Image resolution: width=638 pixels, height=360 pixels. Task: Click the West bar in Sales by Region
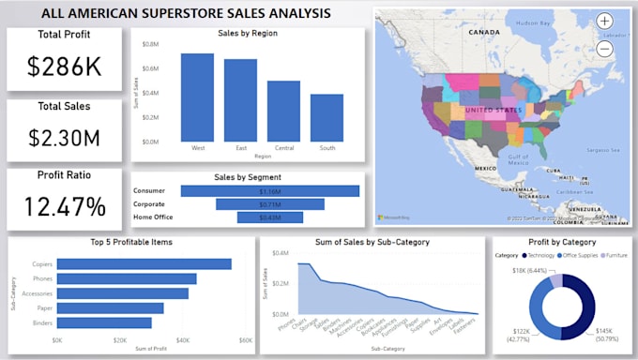pyautogui.click(x=197, y=97)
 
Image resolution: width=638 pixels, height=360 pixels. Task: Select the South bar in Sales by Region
pyautogui.click(x=327, y=118)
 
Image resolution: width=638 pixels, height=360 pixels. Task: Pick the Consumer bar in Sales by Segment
pyautogui.click(x=270, y=191)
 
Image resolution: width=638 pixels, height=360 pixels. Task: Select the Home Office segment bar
pyautogui.click(x=270, y=217)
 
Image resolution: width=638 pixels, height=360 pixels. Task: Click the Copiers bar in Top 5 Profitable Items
pyautogui.click(x=144, y=264)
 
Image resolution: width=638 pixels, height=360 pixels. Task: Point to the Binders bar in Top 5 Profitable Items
pyautogui.click(x=104, y=322)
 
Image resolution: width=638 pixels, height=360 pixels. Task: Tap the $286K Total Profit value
pyautogui.click(x=64, y=67)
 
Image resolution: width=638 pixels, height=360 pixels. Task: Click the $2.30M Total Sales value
pyautogui.click(x=64, y=139)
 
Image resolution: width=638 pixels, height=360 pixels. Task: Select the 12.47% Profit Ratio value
pyautogui.click(x=64, y=205)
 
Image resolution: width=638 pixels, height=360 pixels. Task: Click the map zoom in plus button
pyautogui.click(x=605, y=21)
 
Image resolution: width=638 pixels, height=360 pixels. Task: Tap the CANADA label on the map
pyautogui.click(x=484, y=32)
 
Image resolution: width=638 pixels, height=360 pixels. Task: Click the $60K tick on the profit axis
pyautogui.click(x=246, y=340)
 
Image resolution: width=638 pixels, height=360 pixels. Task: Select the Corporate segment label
pyautogui.click(x=156, y=204)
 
